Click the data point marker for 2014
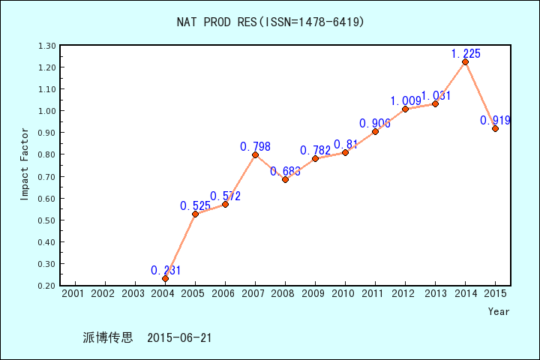pos(465,61)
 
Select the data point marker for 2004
pos(165,278)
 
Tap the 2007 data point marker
pos(255,154)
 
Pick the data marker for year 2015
pos(495,128)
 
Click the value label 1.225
pos(466,53)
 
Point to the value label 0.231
pos(166,270)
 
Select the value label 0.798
pos(255,146)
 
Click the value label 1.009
pos(405,100)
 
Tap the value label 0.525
pos(195,205)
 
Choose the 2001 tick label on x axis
pos(73,292)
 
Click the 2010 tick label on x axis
pos(344,292)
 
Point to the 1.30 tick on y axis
pos(46,46)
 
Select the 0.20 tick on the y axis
pos(46,286)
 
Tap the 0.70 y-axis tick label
pos(46,177)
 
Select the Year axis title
pos(499,311)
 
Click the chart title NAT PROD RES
pos(270,22)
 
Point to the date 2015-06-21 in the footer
pos(179,337)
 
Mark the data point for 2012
pos(405,109)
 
